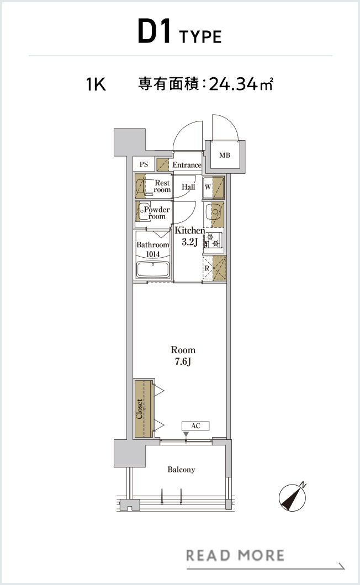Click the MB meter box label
point(225,155)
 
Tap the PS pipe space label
point(144,164)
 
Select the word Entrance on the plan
point(187,165)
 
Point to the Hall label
point(188,187)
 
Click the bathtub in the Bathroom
point(153,269)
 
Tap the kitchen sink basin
point(214,212)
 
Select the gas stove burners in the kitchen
point(213,240)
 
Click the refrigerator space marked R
point(214,268)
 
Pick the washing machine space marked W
point(214,187)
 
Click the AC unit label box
point(195,426)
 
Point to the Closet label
point(139,409)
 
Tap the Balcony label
point(181,470)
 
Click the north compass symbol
point(293,497)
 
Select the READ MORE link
point(235,556)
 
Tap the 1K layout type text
point(96,84)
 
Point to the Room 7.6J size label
point(183,355)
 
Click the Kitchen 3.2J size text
point(190,236)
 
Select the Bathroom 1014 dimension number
point(153,254)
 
